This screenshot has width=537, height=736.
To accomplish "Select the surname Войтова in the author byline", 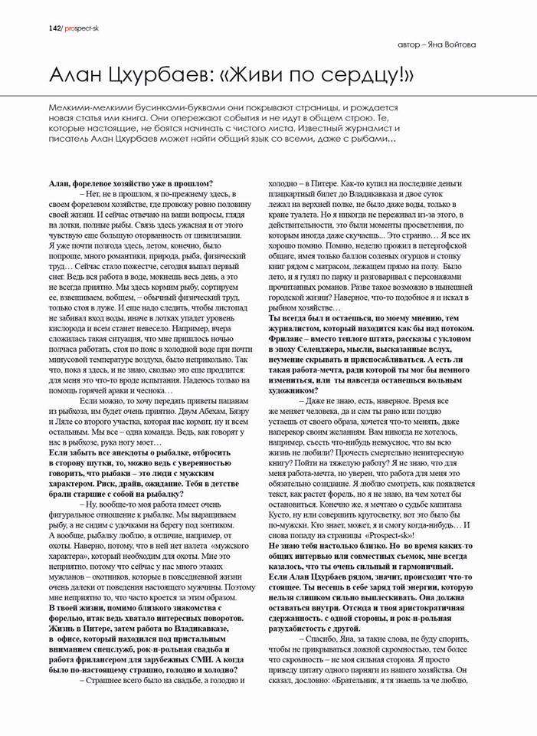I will pyautogui.click(x=457, y=44).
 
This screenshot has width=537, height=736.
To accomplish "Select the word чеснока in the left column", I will pyautogui.click(x=155, y=390).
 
